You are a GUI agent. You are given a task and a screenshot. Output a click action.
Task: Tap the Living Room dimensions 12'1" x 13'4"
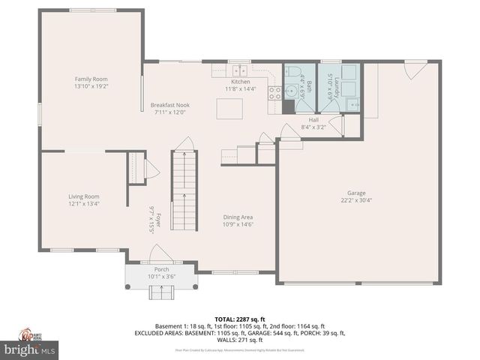84,203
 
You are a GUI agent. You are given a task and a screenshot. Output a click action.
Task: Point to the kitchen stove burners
274,94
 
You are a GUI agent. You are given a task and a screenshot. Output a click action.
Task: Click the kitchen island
229,109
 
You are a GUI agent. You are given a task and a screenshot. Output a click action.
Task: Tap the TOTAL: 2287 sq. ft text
240,319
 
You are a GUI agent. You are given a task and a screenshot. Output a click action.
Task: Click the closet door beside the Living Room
150,169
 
